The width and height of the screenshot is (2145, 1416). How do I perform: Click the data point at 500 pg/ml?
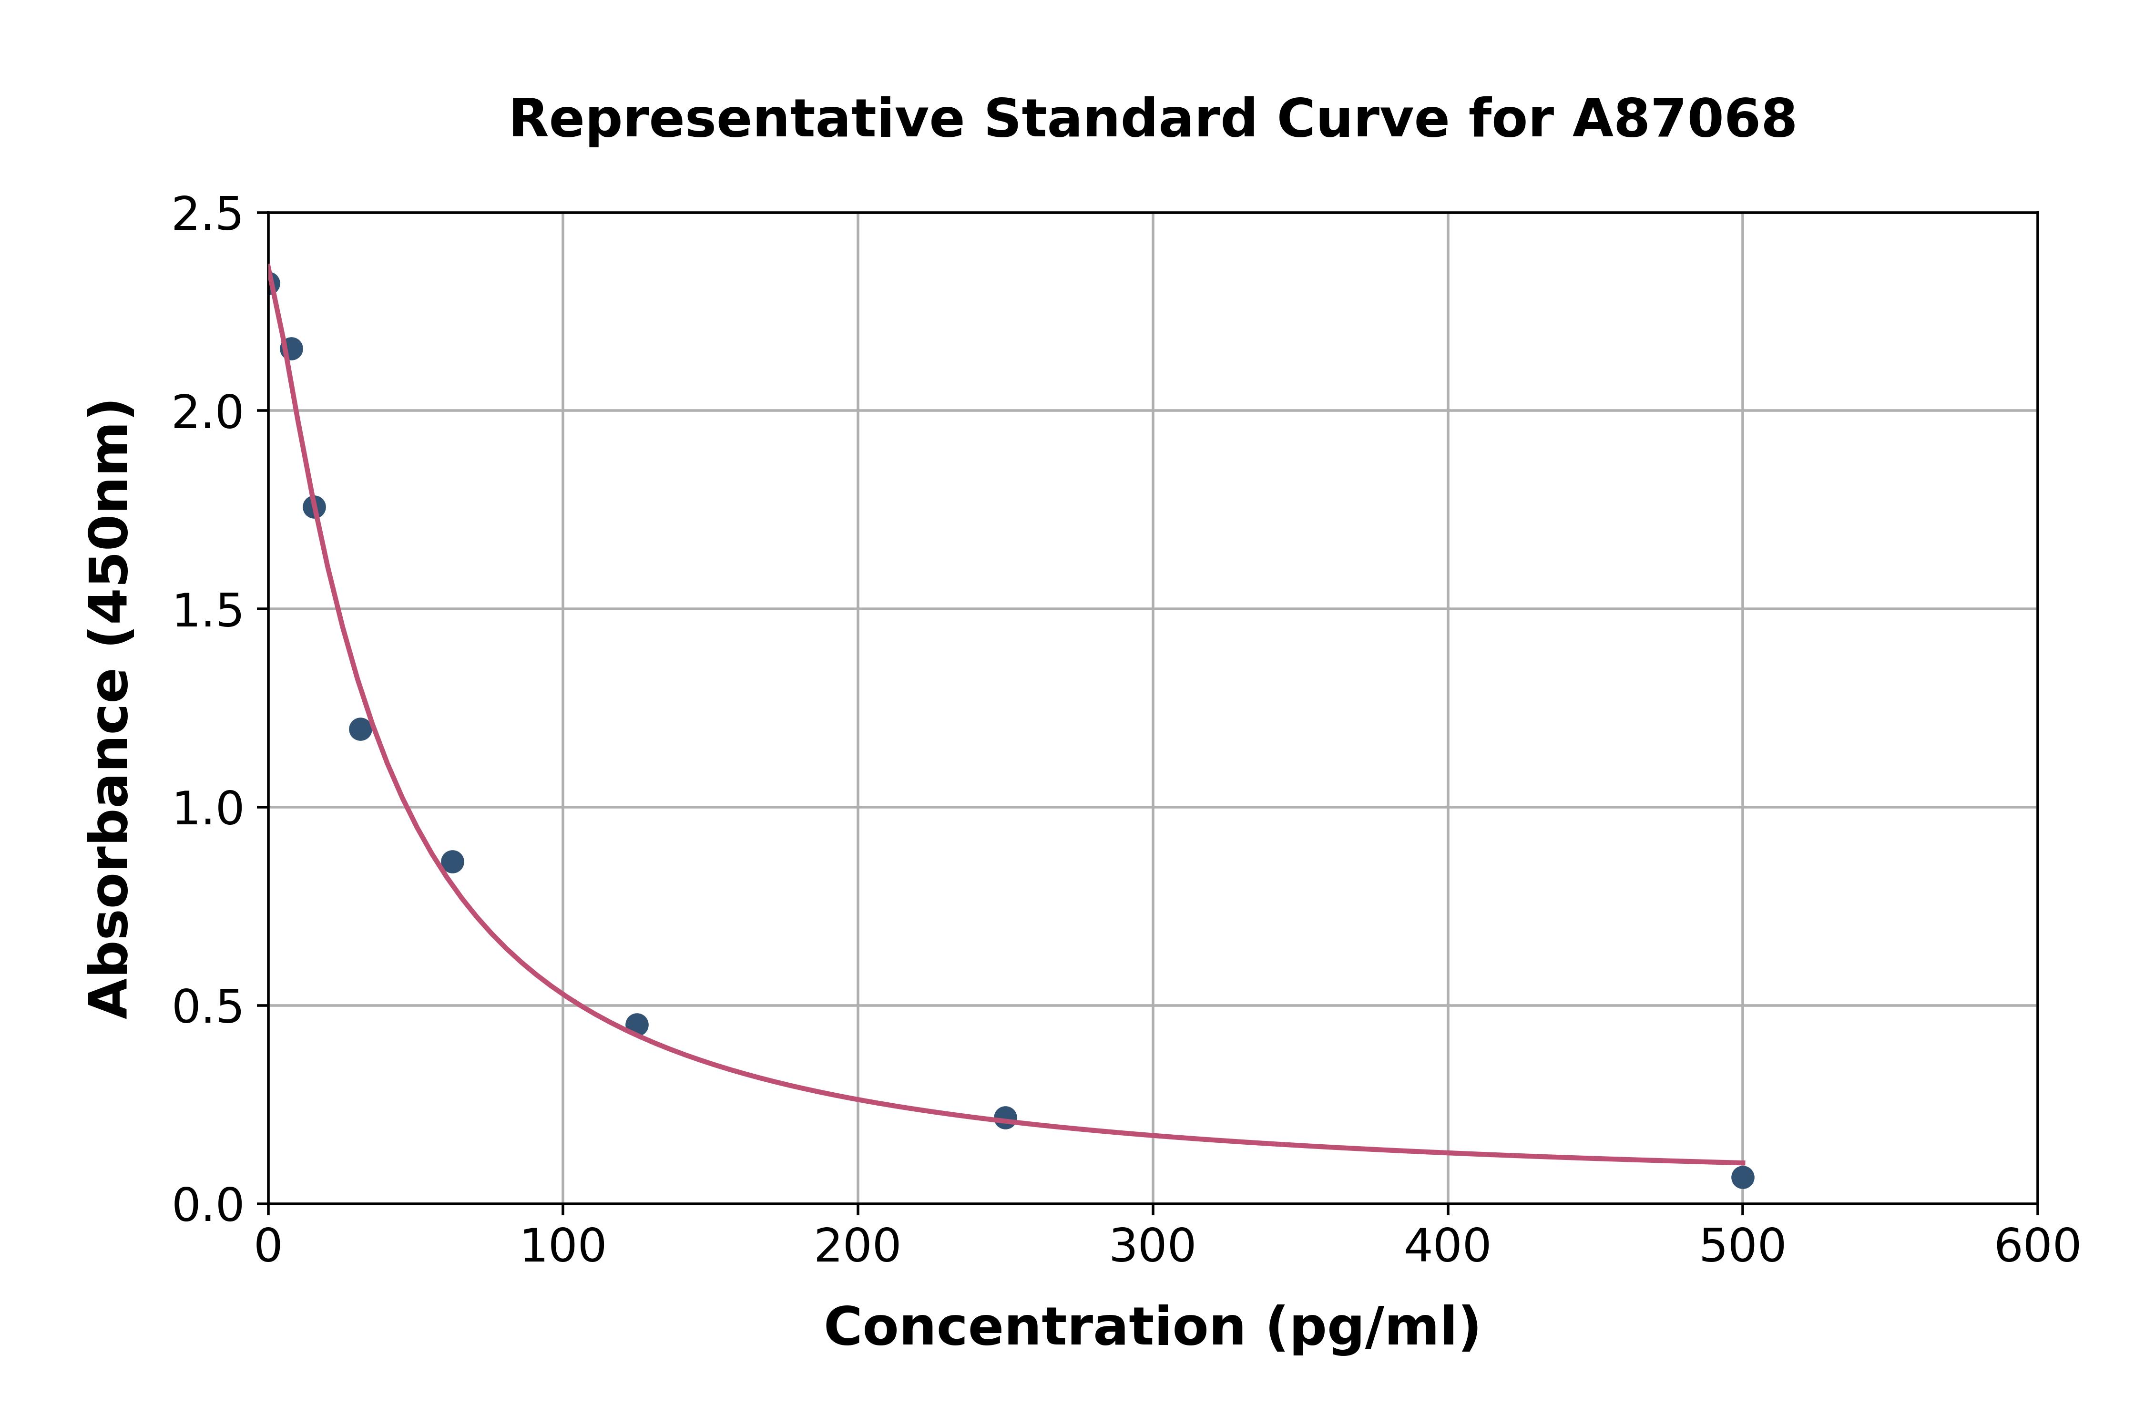1742,1177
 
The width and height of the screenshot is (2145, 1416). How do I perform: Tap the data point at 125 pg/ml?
636,1024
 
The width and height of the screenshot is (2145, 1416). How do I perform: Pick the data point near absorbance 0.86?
452,862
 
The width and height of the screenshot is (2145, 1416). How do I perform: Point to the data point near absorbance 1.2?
360,729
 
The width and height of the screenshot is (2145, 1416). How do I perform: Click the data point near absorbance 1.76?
314,507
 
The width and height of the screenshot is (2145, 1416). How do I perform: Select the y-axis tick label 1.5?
208,610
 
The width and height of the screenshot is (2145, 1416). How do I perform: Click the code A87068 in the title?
1684,119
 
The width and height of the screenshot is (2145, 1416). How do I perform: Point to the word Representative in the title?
736,119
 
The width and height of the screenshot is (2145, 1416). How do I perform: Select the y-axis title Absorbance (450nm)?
110,709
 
